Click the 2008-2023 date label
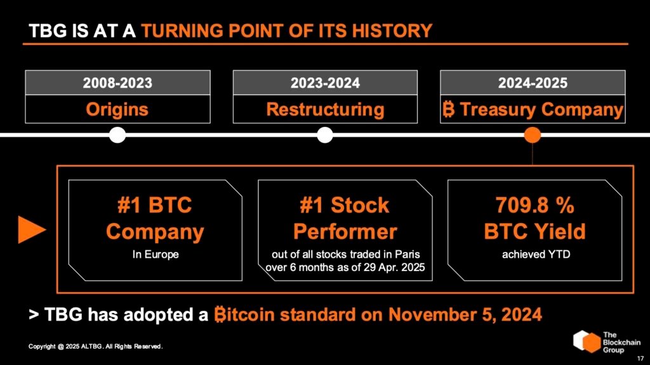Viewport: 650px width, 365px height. [117, 83]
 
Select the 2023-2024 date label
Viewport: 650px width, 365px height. [325, 83]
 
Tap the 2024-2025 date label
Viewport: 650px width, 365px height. [533, 83]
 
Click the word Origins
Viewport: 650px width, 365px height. [117, 109]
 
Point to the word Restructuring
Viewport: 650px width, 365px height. [325, 109]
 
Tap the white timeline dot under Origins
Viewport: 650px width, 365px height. [117, 135]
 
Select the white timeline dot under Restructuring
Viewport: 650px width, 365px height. [325, 135]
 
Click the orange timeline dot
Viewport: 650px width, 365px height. [533, 135]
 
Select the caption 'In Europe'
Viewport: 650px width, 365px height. [155, 255]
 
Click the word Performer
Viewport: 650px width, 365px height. [345, 231]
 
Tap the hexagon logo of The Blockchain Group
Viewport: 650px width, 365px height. [587, 341]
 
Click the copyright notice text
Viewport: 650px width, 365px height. [96, 347]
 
